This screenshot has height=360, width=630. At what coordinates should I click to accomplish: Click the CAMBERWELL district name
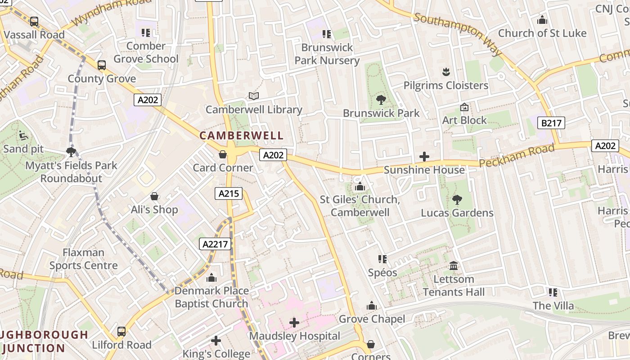[242, 135]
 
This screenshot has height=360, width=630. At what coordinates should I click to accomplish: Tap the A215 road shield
[229, 193]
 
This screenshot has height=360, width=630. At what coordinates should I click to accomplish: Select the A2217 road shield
[215, 244]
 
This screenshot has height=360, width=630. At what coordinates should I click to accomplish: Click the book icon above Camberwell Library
[254, 96]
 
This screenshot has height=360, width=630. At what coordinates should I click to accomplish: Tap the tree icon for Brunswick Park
[381, 100]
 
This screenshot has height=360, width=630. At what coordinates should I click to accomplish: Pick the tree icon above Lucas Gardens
[457, 199]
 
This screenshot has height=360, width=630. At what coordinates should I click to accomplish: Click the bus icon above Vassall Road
[34, 21]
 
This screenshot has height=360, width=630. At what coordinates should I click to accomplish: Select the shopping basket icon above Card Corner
[223, 154]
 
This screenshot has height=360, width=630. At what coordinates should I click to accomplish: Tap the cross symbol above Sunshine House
[424, 157]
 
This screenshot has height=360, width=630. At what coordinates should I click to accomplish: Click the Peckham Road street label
[517, 156]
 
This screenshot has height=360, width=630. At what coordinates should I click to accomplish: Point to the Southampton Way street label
[458, 34]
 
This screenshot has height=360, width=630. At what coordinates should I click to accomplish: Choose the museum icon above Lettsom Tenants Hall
[454, 266]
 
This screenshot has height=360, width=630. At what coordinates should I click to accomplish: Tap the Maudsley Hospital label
[295, 336]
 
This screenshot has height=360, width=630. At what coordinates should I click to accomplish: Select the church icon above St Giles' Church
[360, 186]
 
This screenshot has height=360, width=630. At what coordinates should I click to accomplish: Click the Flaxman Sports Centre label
[84, 259]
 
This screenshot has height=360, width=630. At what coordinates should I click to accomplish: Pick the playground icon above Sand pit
[23, 135]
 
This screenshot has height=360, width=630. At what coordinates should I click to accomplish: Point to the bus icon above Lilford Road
[121, 332]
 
